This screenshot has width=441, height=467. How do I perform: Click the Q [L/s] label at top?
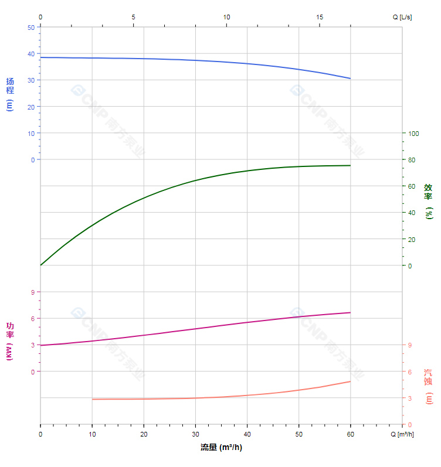(x=402, y=17)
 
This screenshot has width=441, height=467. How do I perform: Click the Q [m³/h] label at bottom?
(x=402, y=434)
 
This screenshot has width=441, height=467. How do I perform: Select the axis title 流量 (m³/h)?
(x=221, y=448)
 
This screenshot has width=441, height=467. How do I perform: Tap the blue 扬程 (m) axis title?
(x=10, y=94)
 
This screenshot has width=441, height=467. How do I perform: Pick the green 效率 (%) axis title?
(x=429, y=201)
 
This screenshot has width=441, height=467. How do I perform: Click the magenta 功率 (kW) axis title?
(x=10, y=341)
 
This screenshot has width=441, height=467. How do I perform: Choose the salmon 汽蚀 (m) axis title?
(x=429, y=386)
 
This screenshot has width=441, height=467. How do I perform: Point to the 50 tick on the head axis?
(x=30, y=27)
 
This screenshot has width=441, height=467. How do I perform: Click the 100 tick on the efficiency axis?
(x=413, y=133)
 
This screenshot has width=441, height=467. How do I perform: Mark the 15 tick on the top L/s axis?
(x=320, y=17)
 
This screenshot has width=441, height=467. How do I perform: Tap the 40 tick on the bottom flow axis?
(x=247, y=434)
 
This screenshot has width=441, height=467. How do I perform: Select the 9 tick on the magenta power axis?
(x=32, y=292)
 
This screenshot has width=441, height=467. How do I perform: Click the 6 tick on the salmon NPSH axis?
(x=410, y=371)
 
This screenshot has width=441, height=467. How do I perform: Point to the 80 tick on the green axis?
(x=412, y=159)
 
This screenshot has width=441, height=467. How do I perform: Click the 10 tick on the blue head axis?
(x=30, y=133)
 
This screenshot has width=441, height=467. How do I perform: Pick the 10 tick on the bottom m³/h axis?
(x=92, y=434)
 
